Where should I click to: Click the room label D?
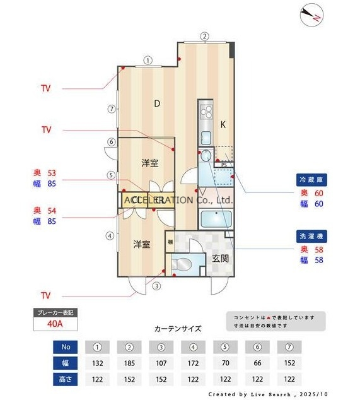point(156,104)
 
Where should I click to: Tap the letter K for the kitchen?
point(223,124)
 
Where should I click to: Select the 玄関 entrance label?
point(220,257)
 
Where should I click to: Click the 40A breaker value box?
point(55,325)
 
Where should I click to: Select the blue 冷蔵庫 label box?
point(311,180)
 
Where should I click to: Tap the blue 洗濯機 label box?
point(311,237)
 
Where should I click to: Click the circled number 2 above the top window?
point(204,36)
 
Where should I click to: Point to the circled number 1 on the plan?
point(147,61)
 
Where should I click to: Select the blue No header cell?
point(66,346)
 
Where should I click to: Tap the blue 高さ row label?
point(66,379)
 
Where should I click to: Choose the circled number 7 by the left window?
point(111,109)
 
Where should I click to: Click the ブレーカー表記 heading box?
point(55,312)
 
